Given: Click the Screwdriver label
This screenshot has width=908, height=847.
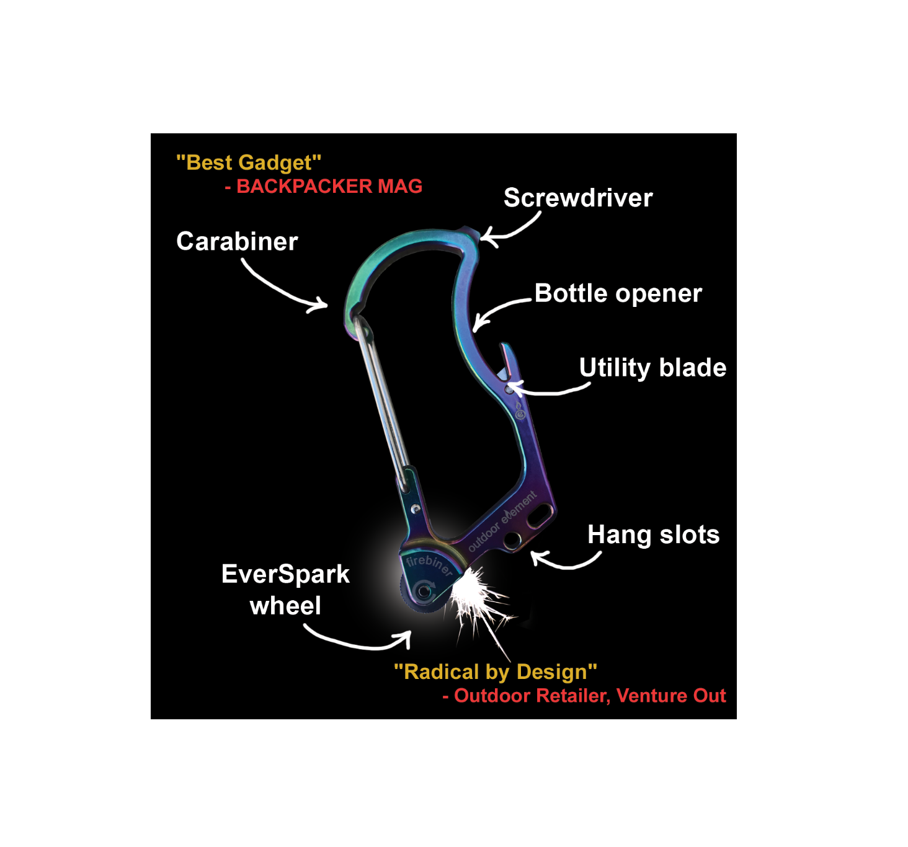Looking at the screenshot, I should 578,198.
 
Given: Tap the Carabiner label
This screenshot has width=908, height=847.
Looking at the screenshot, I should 237,242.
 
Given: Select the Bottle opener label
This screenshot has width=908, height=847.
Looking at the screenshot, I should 618,293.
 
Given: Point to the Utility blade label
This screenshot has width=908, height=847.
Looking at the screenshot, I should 652,368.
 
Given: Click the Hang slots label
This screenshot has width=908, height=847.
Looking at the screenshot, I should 653,534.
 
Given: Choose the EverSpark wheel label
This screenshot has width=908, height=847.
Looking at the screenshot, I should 285,589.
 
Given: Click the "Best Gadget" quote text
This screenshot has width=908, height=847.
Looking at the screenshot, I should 249,162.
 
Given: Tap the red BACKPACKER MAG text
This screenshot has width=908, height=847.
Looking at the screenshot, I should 324,186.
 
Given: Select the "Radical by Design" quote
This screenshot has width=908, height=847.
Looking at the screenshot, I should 495,672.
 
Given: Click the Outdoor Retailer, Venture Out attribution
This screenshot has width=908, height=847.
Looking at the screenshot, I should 584,696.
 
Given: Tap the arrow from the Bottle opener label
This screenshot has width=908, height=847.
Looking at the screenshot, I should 499,308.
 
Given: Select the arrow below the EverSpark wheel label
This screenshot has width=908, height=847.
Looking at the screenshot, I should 360,642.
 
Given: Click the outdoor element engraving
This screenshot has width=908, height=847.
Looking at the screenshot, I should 502,521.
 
